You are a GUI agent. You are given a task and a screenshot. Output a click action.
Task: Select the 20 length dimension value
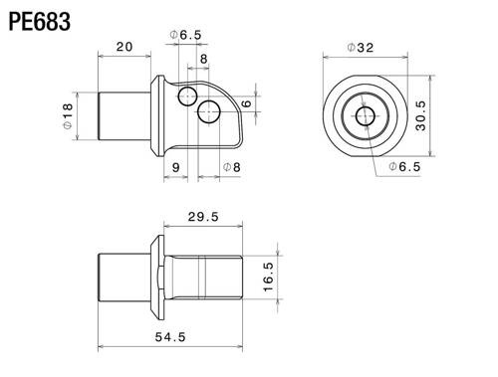[125, 47]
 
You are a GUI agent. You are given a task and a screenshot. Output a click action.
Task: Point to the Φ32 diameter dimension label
[361, 47]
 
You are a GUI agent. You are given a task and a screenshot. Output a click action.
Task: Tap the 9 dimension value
[176, 167]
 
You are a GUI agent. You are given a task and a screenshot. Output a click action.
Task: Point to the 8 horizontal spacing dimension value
[204, 61]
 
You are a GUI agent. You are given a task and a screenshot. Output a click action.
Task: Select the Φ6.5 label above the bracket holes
[186, 35]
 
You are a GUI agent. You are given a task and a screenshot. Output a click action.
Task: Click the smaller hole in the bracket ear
[187, 96]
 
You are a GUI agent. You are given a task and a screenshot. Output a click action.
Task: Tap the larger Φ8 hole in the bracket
[209, 112]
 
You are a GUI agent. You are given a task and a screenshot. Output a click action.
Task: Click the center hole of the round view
[364, 118]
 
